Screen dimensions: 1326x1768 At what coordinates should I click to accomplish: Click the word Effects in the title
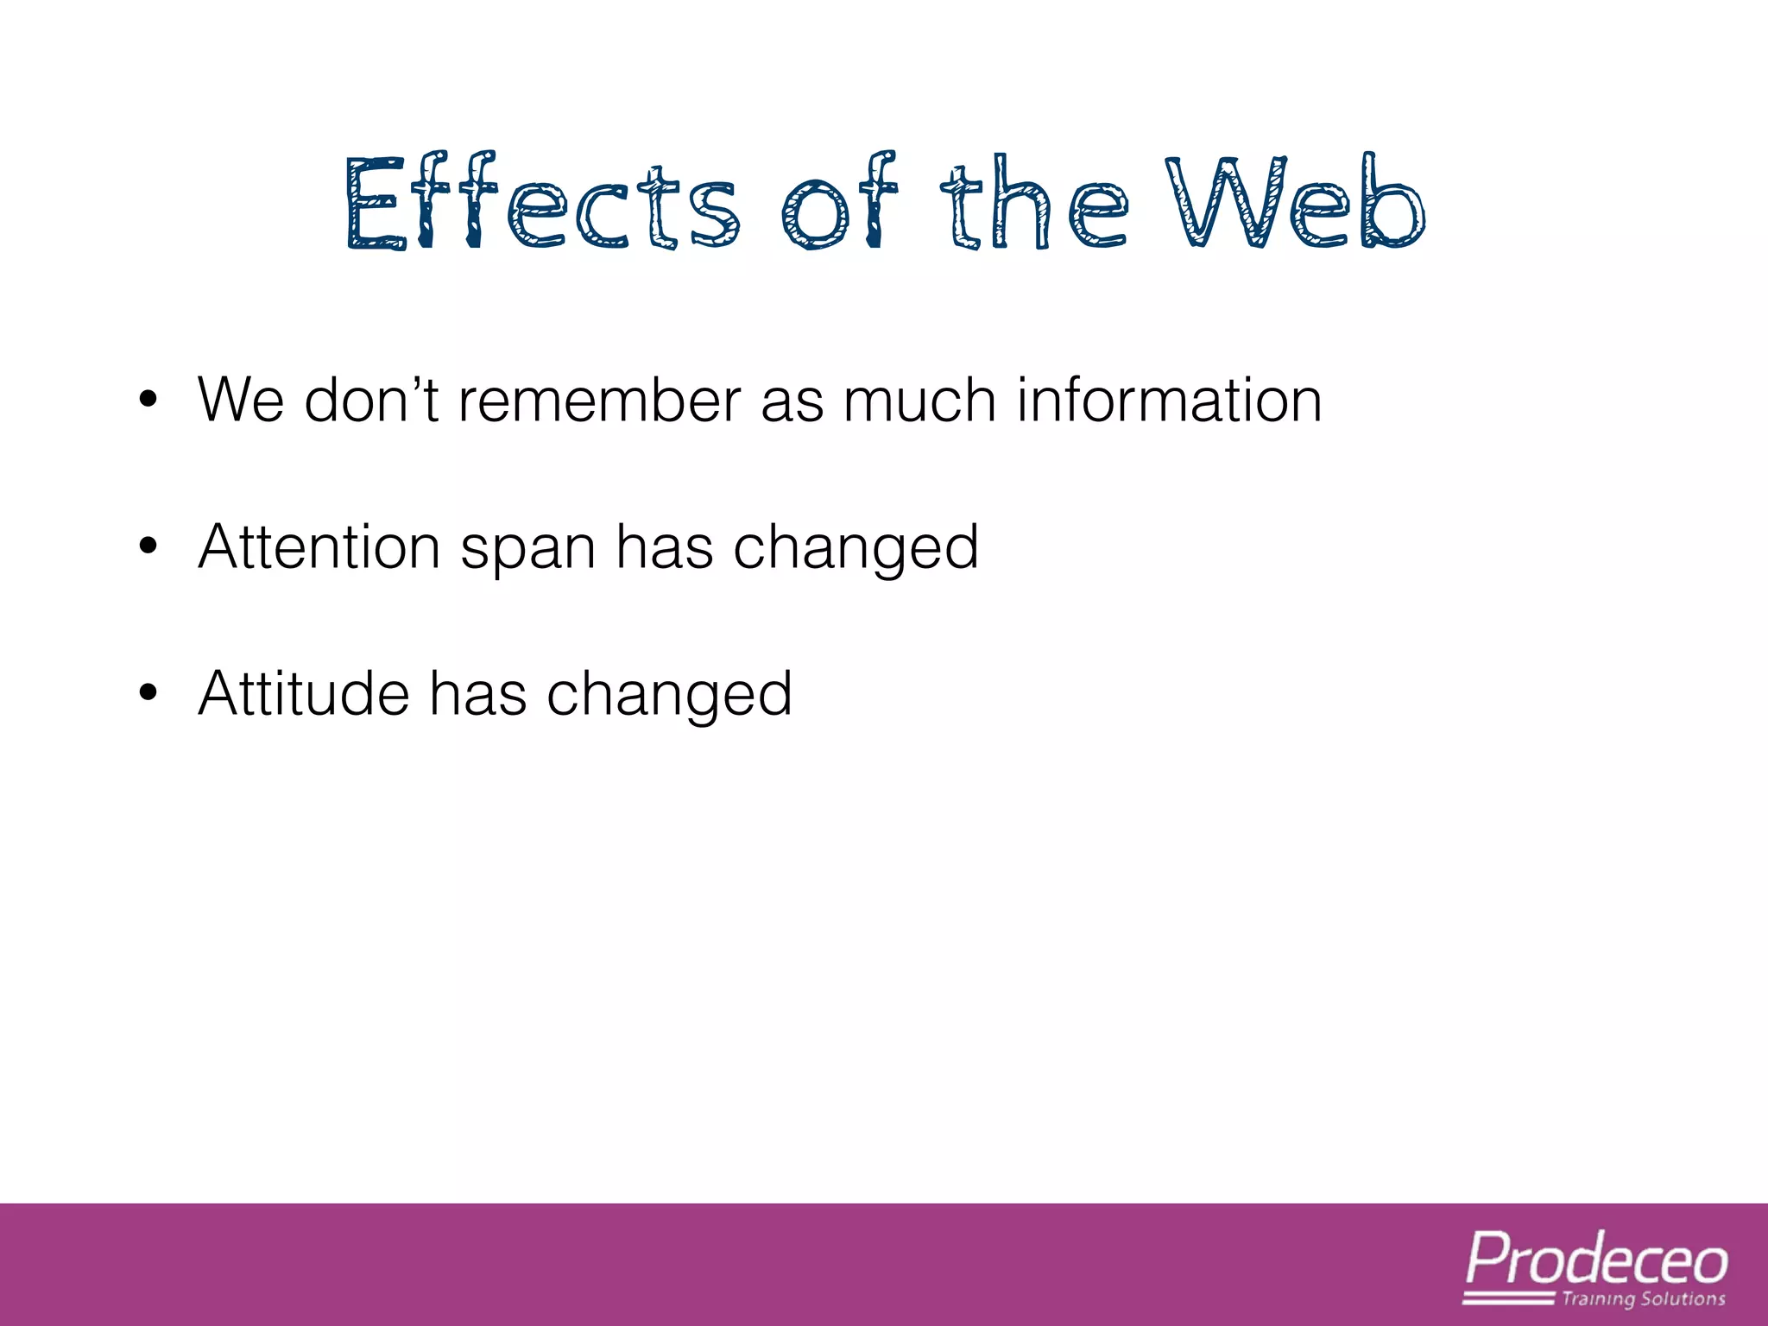[x=541, y=205]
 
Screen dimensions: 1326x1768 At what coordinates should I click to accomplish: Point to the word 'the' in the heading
[x=1033, y=205]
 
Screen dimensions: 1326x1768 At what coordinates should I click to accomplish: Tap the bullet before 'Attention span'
[x=148, y=546]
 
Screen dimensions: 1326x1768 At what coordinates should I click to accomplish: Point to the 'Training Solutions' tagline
[x=1643, y=1299]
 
